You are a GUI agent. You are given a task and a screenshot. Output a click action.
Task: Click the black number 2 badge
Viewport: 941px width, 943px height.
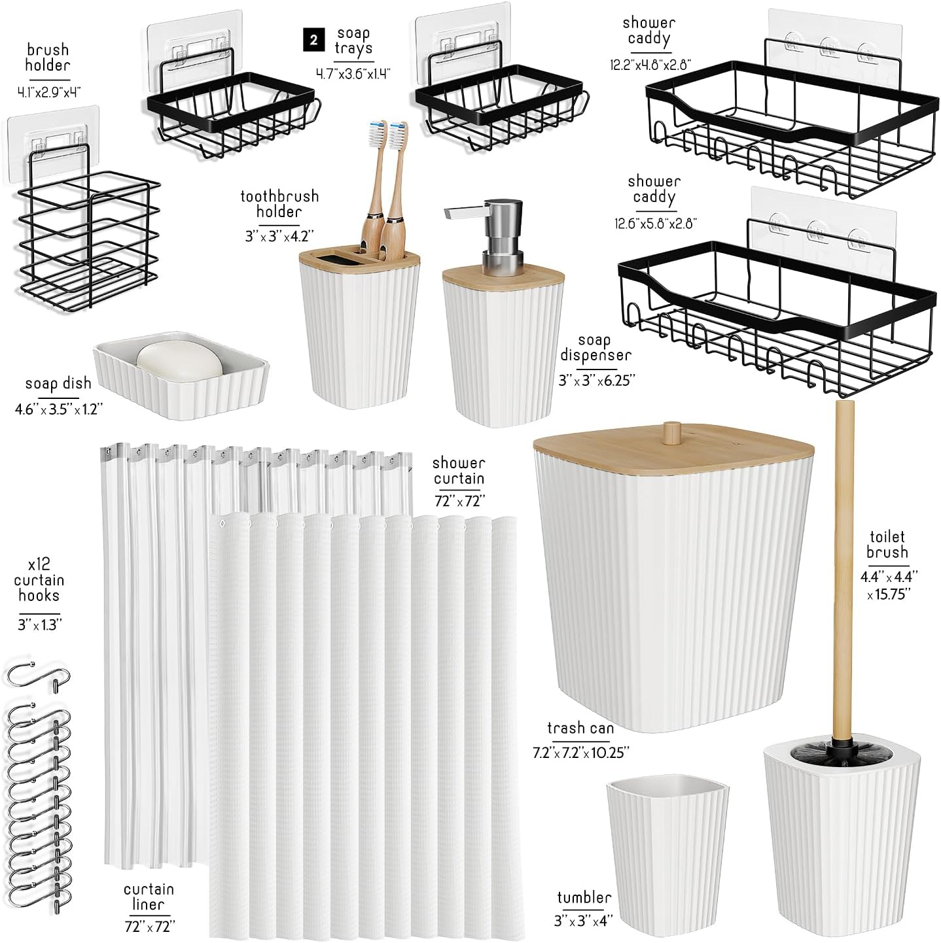[x=313, y=40]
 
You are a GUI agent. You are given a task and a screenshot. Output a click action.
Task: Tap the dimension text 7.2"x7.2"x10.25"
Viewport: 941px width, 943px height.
[x=580, y=753]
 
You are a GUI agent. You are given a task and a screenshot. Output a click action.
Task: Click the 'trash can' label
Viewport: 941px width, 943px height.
[x=580, y=729]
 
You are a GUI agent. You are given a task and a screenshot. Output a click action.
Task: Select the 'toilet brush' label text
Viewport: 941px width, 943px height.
[x=887, y=544]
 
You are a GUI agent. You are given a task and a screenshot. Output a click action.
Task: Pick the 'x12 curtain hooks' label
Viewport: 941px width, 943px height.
[x=39, y=580]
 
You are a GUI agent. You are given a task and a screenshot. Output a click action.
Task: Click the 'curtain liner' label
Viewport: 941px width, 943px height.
[x=149, y=897]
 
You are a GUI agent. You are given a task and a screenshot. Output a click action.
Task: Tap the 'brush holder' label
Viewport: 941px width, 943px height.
[x=48, y=58]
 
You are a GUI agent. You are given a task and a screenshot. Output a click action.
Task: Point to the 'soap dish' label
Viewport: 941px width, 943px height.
[x=58, y=383]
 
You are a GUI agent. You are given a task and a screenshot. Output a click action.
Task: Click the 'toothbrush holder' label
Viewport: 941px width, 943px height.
[x=279, y=204]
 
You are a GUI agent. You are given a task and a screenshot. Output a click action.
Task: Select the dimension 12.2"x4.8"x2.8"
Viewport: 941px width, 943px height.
[x=650, y=65]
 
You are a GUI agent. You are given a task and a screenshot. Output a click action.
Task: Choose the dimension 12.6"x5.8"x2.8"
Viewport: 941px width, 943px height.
[x=656, y=223]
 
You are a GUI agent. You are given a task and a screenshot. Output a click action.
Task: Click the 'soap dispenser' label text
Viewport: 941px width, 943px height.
[x=595, y=347]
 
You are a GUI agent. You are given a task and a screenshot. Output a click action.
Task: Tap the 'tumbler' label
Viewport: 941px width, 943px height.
[x=584, y=897]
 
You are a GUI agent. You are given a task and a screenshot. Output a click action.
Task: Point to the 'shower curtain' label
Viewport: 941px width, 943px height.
[x=459, y=470]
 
